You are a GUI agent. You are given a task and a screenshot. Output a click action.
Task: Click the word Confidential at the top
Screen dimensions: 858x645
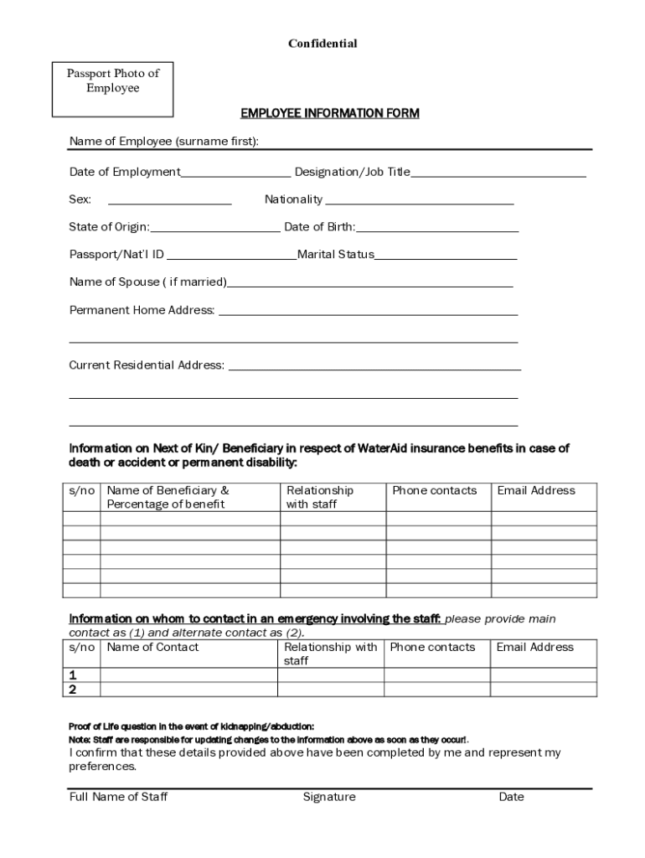pos(322,44)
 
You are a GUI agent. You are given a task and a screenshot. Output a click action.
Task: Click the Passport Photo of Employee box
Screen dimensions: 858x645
pos(113,88)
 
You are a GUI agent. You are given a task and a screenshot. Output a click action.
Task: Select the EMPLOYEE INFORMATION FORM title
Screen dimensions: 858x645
pos(330,113)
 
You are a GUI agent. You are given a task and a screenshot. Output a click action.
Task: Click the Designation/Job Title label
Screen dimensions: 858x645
pos(353,172)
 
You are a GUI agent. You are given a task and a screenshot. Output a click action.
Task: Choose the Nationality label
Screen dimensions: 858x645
pos(293,199)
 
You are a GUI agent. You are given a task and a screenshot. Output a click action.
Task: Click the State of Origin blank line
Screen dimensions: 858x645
pos(215,230)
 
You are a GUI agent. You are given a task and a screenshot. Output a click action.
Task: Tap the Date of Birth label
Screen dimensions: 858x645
pos(320,227)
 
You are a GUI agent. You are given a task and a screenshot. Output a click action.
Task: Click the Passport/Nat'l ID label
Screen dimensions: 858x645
pos(116,255)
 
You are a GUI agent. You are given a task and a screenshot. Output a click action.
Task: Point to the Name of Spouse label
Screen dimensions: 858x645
pos(147,282)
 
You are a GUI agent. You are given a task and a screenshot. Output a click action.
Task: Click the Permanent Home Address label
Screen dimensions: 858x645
pos(142,310)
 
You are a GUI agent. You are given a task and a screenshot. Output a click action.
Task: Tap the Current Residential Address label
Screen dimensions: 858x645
pos(147,365)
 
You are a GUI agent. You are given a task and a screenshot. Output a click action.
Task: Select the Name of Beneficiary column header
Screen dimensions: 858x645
pos(168,497)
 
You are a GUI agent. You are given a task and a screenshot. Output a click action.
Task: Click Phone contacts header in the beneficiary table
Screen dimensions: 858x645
pos(434,490)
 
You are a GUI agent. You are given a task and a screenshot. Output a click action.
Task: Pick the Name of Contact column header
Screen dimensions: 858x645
pos(152,647)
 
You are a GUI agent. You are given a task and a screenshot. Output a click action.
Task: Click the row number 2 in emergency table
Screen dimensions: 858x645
pos(73,690)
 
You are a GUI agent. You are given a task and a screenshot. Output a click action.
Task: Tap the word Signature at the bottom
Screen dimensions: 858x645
pos(329,797)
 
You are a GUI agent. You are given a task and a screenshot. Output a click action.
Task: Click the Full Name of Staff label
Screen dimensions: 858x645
pos(118,797)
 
